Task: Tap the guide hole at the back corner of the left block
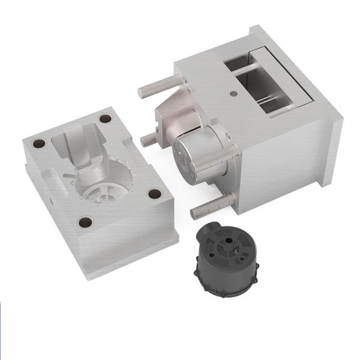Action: (x=106, y=118)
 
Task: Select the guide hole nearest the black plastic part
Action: (x=155, y=194)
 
